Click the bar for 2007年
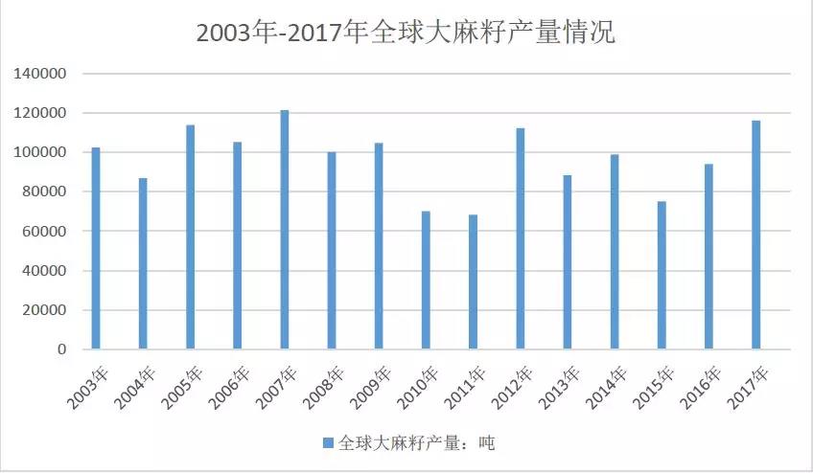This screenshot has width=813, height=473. tap(285, 230)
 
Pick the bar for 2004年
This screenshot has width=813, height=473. tap(143, 263)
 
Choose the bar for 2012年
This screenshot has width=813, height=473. tap(521, 238)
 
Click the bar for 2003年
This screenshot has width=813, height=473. tap(96, 248)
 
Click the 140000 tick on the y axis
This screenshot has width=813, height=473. tap(41, 74)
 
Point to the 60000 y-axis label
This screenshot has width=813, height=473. tap(45, 232)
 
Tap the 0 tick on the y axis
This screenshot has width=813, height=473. tap(61, 350)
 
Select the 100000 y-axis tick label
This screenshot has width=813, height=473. tap(41, 153)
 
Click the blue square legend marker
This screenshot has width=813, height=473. tap(328, 442)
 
